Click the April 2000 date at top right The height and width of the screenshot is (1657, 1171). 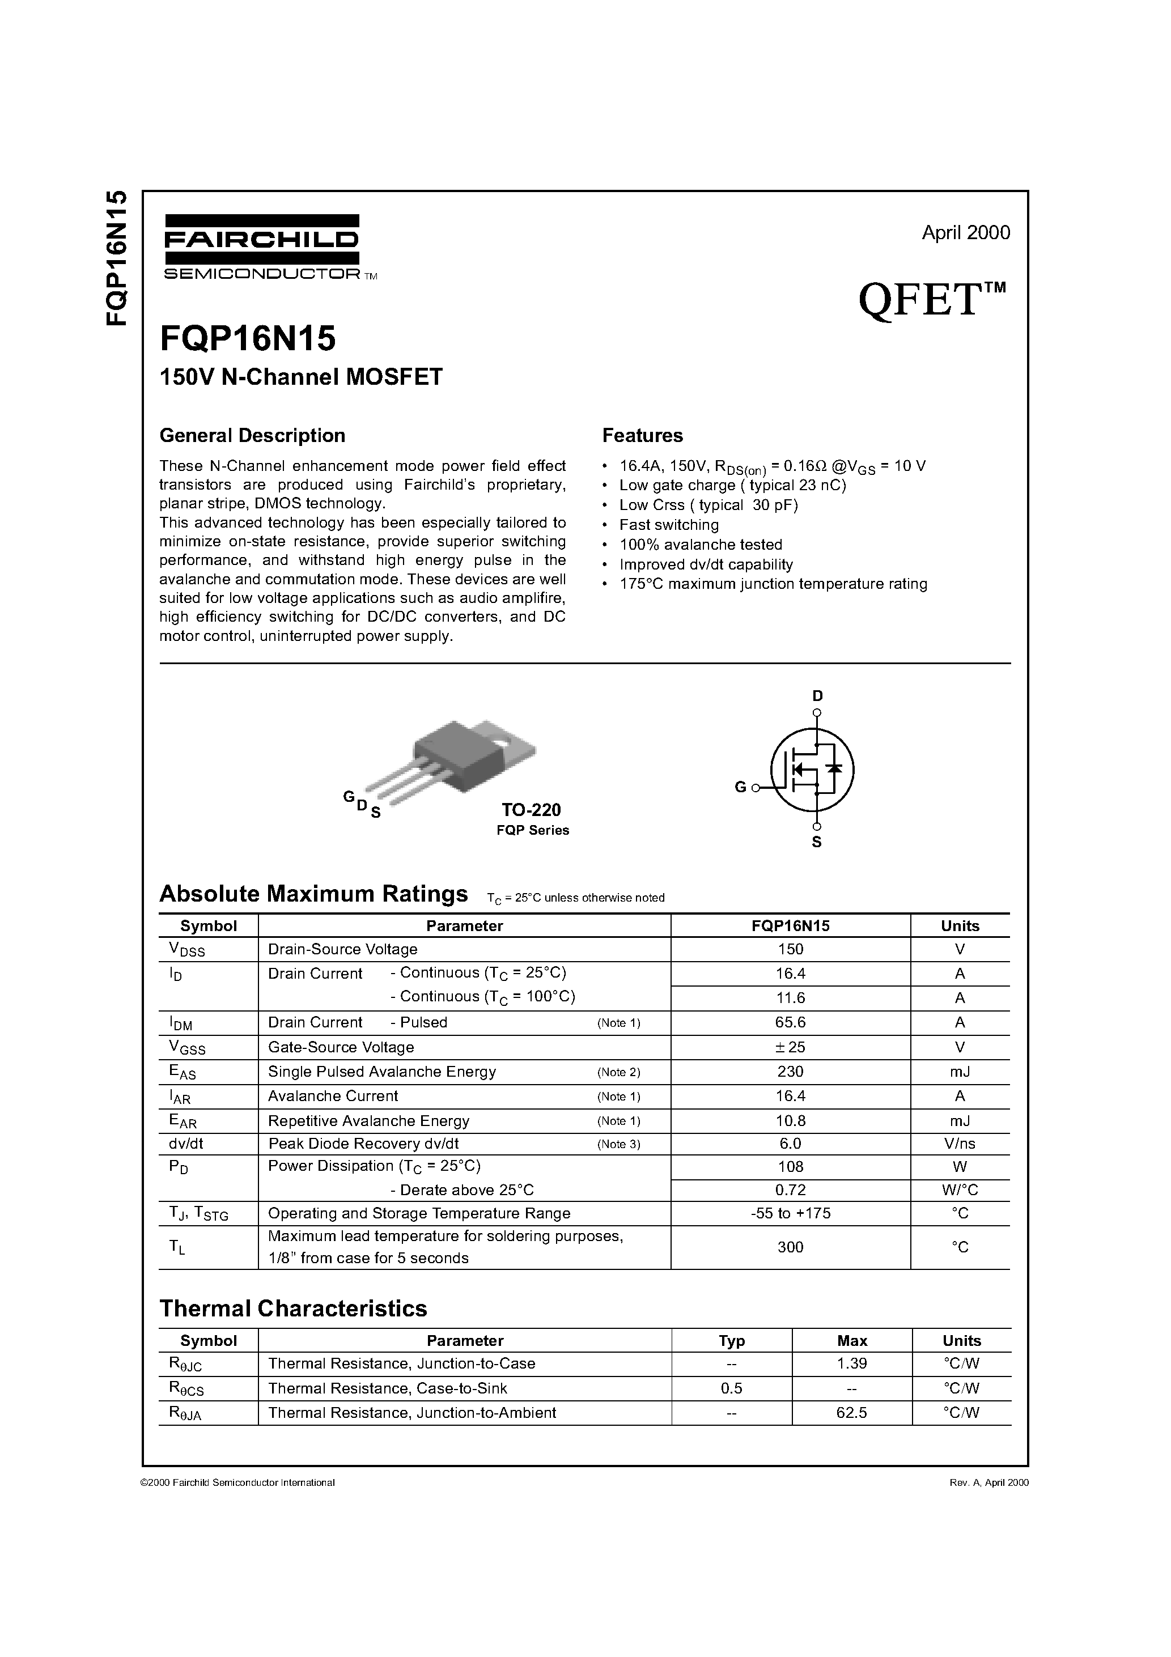pos(965,232)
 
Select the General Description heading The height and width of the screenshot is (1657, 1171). pos(252,436)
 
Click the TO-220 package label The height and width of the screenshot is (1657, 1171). pos(531,810)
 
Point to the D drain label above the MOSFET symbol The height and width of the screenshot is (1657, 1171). pos(817,696)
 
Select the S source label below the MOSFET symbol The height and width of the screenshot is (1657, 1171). pos(817,842)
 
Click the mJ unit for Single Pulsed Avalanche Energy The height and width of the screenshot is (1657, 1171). pos(960,1072)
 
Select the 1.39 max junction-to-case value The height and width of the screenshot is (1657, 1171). pos(852,1363)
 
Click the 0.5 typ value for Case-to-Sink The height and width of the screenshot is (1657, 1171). pos(731,1388)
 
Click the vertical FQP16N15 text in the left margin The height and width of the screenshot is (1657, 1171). pos(116,258)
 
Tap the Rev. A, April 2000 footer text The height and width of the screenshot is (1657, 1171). pos(988,1482)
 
